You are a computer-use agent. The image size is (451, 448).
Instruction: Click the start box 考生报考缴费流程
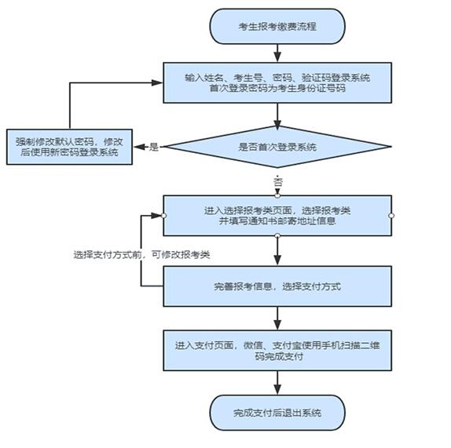(x=277, y=27)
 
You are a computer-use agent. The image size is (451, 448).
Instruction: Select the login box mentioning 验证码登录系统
(x=277, y=82)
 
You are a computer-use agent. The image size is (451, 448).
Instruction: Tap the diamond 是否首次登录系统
(x=277, y=147)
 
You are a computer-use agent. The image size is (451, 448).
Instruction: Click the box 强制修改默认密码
(x=69, y=147)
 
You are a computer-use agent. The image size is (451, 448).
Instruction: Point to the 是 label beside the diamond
(x=154, y=147)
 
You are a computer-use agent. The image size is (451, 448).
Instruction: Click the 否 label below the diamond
(x=278, y=182)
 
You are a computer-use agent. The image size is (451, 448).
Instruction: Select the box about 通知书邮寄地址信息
(x=277, y=216)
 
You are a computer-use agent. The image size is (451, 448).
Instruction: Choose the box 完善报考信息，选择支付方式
(x=277, y=286)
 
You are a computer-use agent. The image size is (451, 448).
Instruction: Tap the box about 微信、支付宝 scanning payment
(x=277, y=351)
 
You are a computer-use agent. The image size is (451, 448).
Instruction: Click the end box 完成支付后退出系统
(x=277, y=413)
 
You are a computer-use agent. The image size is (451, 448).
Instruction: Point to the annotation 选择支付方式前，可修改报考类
(x=141, y=255)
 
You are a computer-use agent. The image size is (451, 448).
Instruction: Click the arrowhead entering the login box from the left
(x=157, y=83)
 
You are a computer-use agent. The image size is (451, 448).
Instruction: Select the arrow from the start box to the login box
(x=277, y=53)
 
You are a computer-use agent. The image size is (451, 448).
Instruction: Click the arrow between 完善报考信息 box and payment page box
(x=277, y=319)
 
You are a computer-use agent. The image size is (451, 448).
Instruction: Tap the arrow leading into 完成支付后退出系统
(x=277, y=383)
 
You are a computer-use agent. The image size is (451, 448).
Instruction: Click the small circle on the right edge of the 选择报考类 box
(x=391, y=216)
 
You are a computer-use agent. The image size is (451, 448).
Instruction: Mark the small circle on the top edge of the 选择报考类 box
(x=277, y=196)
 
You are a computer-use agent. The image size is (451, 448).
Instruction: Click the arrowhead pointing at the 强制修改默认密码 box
(x=139, y=147)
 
